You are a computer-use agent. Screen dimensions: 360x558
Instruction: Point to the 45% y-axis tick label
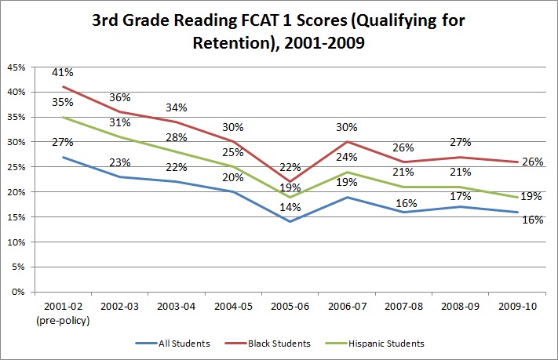pyautogui.click(x=16, y=67)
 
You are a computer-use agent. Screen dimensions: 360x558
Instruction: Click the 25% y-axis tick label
pyautogui.click(x=16, y=167)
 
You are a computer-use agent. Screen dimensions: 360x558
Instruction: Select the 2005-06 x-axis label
pyautogui.click(x=280, y=306)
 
